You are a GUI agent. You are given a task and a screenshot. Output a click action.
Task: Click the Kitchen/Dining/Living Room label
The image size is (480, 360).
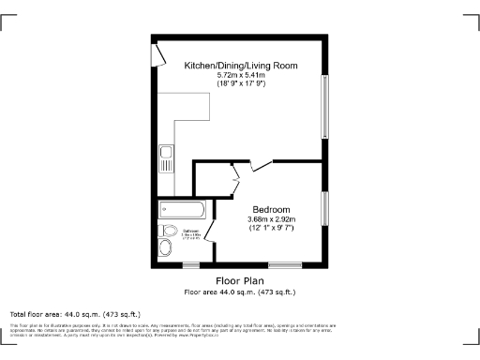tap(241, 65)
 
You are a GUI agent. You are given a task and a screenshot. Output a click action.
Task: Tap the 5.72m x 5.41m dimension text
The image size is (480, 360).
tap(241, 74)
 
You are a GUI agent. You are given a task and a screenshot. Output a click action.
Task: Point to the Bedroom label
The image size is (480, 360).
tap(271, 208)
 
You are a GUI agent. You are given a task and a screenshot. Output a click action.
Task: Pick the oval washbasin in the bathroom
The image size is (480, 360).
tap(165, 247)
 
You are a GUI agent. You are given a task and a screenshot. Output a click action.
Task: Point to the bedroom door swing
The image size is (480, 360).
tap(261, 166)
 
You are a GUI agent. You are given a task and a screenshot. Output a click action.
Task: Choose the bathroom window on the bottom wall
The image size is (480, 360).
tap(189, 266)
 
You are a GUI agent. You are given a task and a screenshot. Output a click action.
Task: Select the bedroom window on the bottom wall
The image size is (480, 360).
tap(279, 266)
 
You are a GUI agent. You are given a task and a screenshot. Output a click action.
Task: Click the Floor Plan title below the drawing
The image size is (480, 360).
tap(240, 280)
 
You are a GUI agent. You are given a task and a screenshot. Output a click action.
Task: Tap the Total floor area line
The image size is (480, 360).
tap(75, 313)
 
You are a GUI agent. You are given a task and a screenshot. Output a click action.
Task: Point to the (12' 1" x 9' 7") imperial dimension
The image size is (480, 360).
tap(271, 228)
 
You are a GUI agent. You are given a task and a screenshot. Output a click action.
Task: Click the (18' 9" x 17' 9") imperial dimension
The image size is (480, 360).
tap(241, 83)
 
